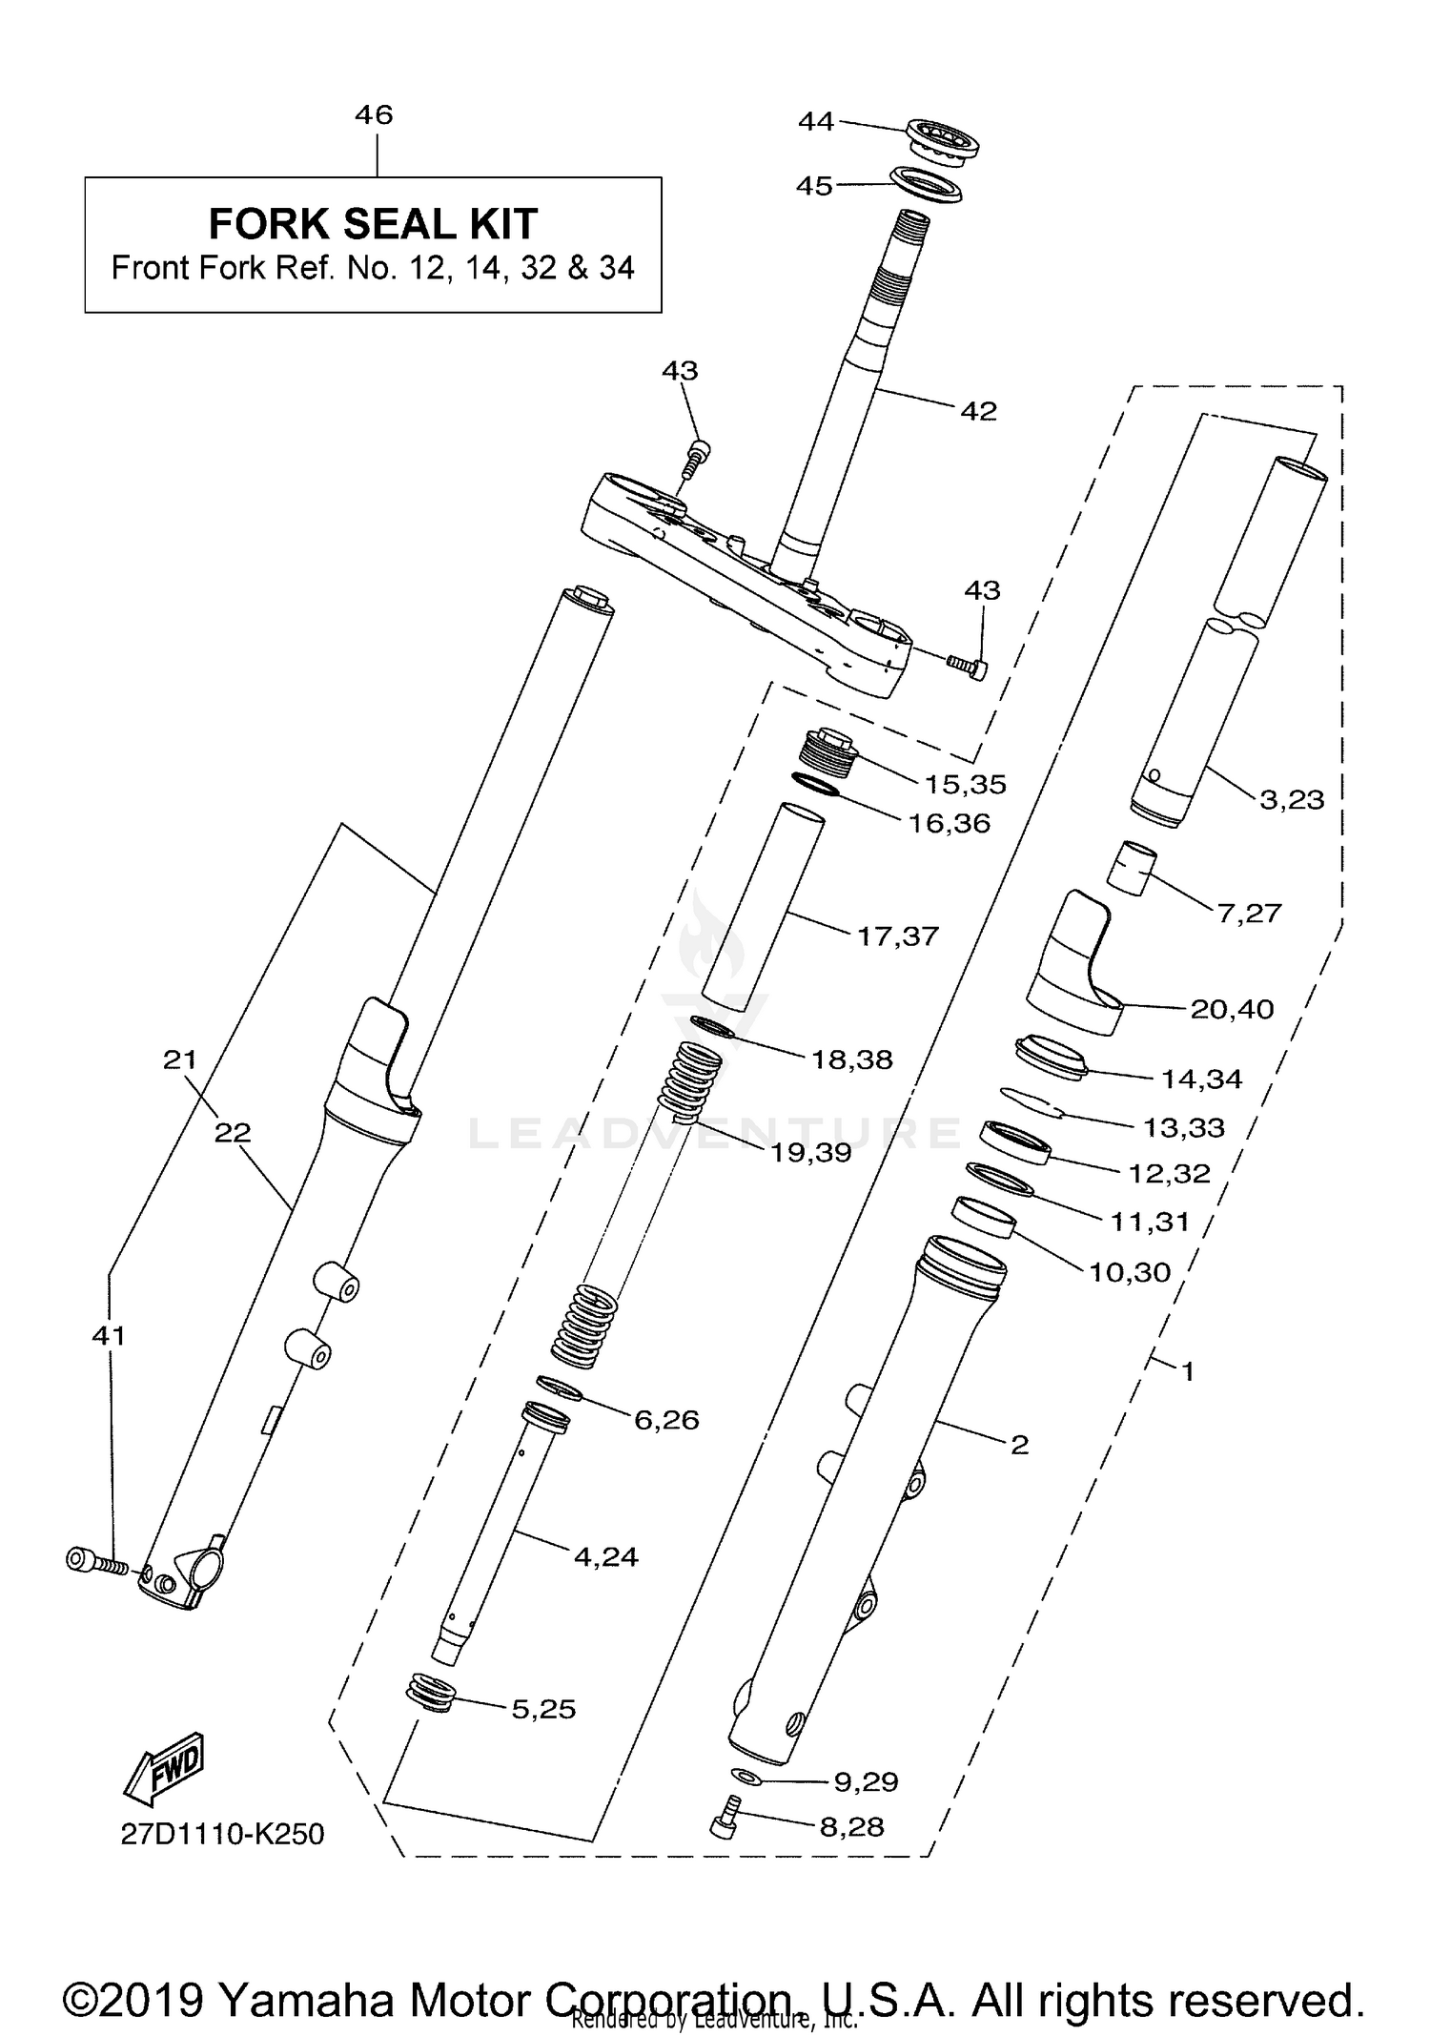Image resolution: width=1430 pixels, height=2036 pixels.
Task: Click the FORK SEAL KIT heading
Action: click(x=373, y=224)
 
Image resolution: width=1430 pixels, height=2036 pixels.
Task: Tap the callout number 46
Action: click(x=374, y=115)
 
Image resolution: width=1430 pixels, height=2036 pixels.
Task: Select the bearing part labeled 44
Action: click(x=943, y=140)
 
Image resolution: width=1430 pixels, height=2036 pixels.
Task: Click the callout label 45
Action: click(x=814, y=186)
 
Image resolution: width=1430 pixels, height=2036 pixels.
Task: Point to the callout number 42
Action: click(x=978, y=411)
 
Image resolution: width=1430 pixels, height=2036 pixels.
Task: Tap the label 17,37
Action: click(x=898, y=936)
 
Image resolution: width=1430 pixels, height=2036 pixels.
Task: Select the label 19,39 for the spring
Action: click(x=810, y=1152)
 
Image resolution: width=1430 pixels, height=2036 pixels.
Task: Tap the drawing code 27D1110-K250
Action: click(x=222, y=1834)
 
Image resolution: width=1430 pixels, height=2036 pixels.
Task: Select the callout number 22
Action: click(x=233, y=1132)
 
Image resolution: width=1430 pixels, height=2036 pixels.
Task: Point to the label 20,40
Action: click(x=1232, y=1008)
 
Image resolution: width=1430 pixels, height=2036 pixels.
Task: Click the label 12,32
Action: click(x=1169, y=1172)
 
